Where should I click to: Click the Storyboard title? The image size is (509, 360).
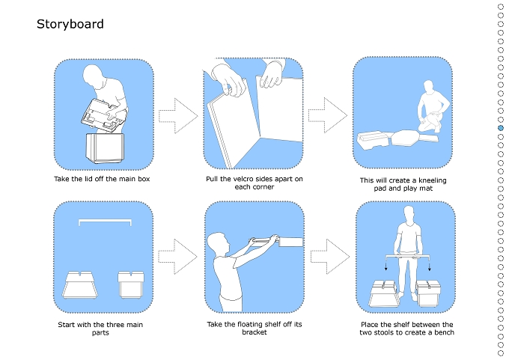[70, 25]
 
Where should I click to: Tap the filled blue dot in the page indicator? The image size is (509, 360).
[501, 128]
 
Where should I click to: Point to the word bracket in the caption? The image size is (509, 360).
[254, 332]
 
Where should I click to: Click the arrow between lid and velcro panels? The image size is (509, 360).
[178, 116]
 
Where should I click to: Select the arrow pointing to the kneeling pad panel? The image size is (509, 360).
[328, 115]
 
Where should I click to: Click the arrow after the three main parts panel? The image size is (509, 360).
[177, 257]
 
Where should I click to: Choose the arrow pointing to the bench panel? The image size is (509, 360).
[330, 257]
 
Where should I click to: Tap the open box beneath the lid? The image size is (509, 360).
[105, 148]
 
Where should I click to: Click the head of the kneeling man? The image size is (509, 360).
[428, 88]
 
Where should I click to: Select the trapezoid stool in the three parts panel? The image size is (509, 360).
[80, 285]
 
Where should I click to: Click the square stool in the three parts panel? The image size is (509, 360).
[131, 284]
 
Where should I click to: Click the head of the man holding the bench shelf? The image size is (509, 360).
[409, 214]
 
